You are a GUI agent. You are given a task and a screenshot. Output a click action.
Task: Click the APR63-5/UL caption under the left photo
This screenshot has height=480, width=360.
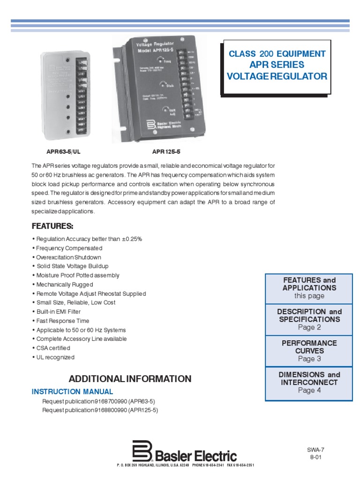[60, 152]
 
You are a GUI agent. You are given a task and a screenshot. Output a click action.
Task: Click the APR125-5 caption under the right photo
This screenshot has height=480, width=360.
[166, 152]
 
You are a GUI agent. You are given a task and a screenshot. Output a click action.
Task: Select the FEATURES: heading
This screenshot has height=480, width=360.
[52, 226]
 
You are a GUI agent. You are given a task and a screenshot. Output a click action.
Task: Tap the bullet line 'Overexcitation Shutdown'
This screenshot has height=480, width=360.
[67, 257]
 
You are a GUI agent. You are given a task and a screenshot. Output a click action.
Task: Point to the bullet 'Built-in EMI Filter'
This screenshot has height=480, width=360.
[58, 312]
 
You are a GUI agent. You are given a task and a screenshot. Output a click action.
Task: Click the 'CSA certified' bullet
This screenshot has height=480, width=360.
[52, 348]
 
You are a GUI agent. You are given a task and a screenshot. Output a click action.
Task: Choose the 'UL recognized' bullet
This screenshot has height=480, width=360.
[54, 357]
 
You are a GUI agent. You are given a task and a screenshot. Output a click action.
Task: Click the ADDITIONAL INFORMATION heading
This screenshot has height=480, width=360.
[130, 379]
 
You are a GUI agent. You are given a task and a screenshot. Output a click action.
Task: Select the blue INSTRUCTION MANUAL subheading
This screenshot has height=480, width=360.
[72, 391]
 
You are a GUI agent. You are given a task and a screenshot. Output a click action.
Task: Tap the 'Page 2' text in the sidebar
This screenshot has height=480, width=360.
[309, 327]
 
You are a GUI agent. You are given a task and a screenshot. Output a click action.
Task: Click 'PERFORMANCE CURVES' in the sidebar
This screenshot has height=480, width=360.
[309, 347]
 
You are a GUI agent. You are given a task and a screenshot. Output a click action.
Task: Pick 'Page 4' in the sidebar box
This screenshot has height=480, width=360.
[309, 390]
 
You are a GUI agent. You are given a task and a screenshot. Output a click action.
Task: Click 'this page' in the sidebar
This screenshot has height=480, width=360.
[309, 296]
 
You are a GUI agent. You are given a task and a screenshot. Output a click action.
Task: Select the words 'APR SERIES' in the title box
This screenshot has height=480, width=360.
[277, 65]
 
